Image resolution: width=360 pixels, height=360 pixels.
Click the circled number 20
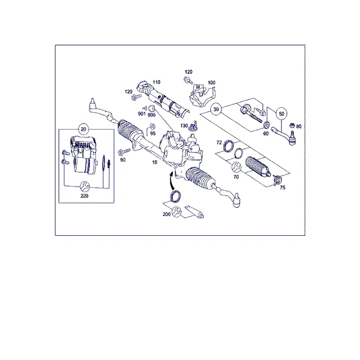pyautogui.click(x=83, y=129)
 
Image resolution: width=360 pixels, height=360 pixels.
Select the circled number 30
pyautogui.click(x=216, y=109)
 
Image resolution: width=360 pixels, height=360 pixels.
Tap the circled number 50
pyautogui.click(x=281, y=113)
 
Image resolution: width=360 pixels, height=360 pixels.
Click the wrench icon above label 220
pyautogui.click(x=84, y=186)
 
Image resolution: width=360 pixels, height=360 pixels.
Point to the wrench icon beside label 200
pyautogui.click(x=176, y=211)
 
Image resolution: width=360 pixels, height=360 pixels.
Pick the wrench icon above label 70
pyautogui.click(x=236, y=167)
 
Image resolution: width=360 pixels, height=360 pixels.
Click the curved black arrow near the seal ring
pyautogui.click(x=171, y=181)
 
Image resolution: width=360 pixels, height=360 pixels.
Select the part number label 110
pyautogui.click(x=157, y=82)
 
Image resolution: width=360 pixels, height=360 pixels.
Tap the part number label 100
pyautogui.click(x=211, y=82)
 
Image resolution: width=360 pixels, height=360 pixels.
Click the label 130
pyautogui.click(x=184, y=125)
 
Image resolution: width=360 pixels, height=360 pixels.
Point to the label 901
pyautogui.click(x=142, y=113)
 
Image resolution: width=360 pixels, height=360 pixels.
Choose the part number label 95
pyautogui.click(x=152, y=133)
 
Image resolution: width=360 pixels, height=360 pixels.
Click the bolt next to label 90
pyautogui.click(x=124, y=152)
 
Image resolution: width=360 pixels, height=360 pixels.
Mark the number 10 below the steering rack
pyautogui.click(x=155, y=163)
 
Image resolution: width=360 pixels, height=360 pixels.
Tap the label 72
pyautogui.click(x=219, y=143)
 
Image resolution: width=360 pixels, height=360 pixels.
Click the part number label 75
pyautogui.click(x=283, y=188)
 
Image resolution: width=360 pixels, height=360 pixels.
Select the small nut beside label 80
pyautogui.click(x=292, y=125)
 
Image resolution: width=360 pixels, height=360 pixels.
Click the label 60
pyautogui.click(x=266, y=133)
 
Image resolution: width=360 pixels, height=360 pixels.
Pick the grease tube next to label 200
pyautogui.click(x=194, y=211)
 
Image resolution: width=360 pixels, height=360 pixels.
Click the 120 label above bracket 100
pyautogui.click(x=188, y=72)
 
